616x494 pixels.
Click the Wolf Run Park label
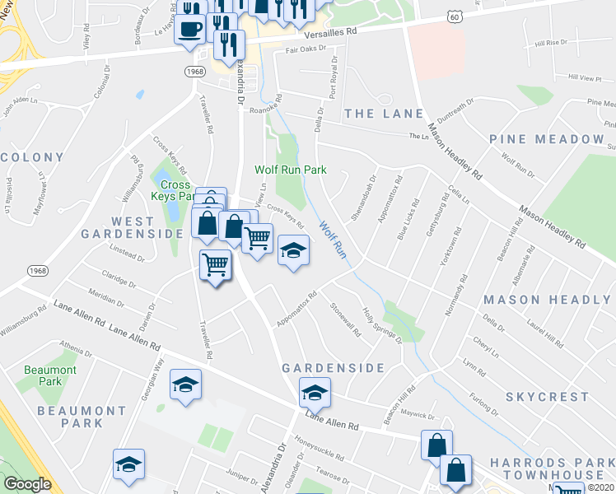[290, 170]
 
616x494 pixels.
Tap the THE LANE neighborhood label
[384, 114]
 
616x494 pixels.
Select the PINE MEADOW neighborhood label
[546, 139]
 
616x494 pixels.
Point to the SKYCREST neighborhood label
[547, 396]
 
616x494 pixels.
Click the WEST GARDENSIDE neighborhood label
[133, 227]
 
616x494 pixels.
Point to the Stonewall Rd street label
[345, 319]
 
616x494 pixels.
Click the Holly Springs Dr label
[382, 324]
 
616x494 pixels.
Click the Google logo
[27, 484]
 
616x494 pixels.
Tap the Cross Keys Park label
[175, 191]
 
